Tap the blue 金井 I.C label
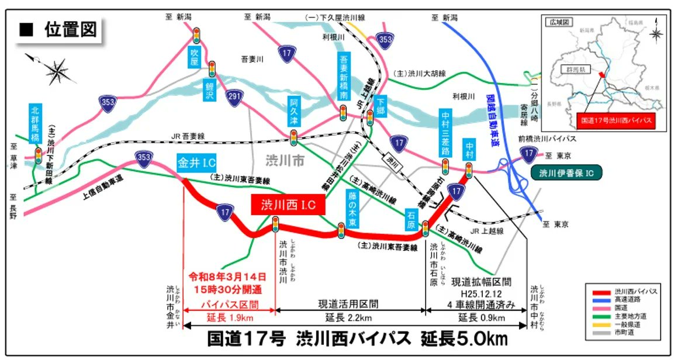pos(197,162)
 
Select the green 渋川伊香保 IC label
pos(566,172)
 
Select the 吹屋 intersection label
pos(195,57)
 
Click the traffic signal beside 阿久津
pos(293,138)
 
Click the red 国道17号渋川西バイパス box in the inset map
pos(615,122)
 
